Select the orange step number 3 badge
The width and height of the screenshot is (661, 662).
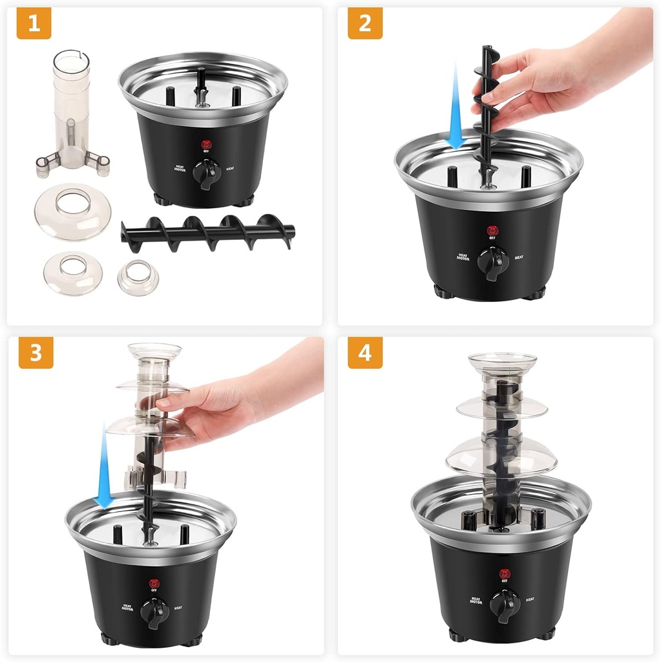click(x=36, y=352)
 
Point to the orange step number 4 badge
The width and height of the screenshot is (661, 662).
click(x=364, y=352)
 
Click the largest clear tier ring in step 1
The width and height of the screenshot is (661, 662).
click(x=72, y=211)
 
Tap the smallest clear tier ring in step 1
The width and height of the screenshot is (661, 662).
click(x=138, y=276)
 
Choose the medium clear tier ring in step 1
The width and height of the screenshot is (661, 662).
click(x=72, y=272)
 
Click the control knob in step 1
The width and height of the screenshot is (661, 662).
click(x=207, y=173)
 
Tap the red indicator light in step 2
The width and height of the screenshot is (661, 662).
click(x=492, y=230)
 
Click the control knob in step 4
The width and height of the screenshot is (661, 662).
click(x=504, y=604)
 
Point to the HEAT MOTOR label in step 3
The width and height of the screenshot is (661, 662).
click(x=127, y=607)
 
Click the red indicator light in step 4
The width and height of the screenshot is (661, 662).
click(x=504, y=572)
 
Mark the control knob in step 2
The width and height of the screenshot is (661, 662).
click(x=492, y=262)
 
